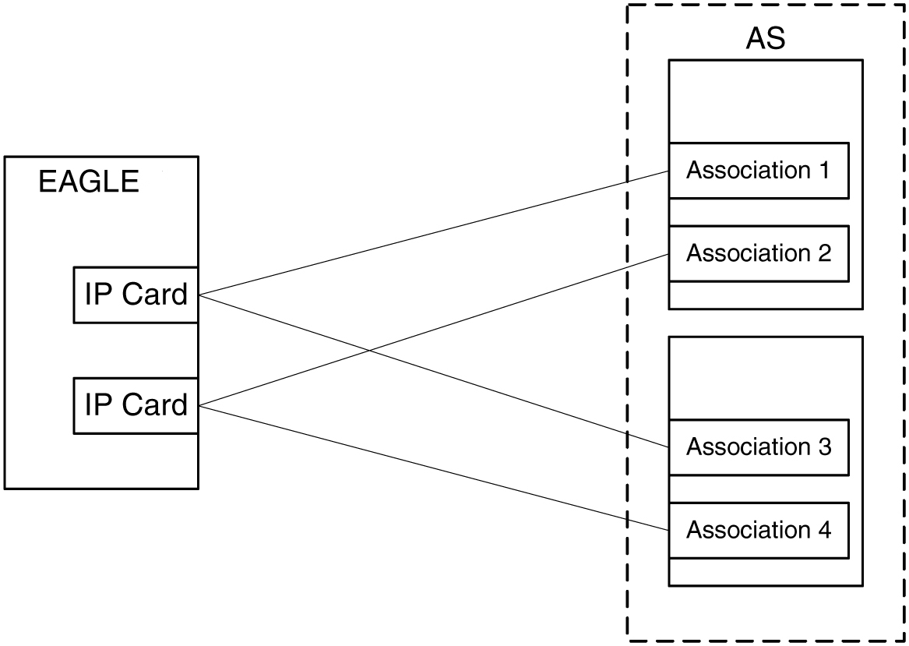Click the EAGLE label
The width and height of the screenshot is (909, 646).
[89, 182]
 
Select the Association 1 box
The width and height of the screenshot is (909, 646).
[759, 171]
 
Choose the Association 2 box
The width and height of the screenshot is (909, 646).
[759, 254]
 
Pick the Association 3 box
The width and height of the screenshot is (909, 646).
[759, 447]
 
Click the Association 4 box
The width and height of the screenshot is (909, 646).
[759, 531]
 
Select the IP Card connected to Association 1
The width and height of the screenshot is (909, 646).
[136, 295]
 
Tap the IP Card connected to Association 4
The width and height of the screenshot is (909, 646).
[136, 405]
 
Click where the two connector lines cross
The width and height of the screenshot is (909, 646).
[371, 351]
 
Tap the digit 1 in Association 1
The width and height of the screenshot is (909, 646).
[824, 171]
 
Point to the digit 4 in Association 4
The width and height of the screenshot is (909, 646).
[824, 531]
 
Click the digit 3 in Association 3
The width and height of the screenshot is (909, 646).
[824, 447]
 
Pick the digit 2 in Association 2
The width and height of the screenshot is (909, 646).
[824, 254]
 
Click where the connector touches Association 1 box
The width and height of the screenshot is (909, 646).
[669, 171]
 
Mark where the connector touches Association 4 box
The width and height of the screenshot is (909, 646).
[669, 530]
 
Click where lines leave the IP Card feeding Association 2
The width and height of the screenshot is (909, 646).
[199, 405]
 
